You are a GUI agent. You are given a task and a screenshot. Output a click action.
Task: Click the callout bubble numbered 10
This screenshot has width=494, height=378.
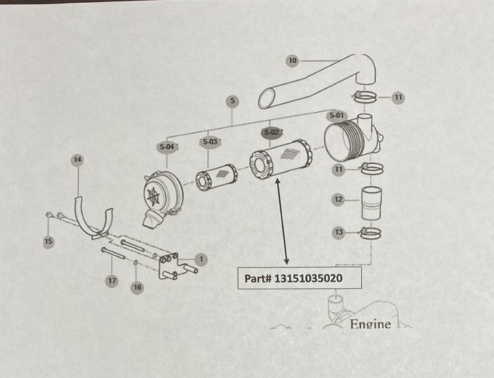point(293,61)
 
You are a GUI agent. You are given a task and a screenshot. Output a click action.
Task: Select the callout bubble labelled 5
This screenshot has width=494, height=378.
point(232,100)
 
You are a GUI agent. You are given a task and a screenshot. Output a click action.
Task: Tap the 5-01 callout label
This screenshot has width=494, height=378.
point(336,115)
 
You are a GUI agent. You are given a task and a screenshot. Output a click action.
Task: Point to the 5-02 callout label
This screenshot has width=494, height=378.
point(271,132)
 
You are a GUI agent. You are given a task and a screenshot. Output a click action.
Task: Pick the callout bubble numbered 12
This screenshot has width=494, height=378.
point(338,199)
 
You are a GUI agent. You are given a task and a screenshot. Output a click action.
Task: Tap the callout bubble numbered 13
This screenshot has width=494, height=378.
point(338,233)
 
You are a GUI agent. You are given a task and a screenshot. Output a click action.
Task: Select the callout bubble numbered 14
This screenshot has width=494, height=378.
point(78,159)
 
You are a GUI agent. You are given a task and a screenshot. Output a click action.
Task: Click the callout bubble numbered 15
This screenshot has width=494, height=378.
point(49,241)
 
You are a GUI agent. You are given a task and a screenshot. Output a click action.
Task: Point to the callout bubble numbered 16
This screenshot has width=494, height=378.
point(137,288)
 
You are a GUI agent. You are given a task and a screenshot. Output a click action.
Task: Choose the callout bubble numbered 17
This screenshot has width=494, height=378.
point(111,280)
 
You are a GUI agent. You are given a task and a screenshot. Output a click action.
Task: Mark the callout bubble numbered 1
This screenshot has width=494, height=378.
point(201,258)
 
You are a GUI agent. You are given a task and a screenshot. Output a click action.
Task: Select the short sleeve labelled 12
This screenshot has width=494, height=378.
point(372,202)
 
